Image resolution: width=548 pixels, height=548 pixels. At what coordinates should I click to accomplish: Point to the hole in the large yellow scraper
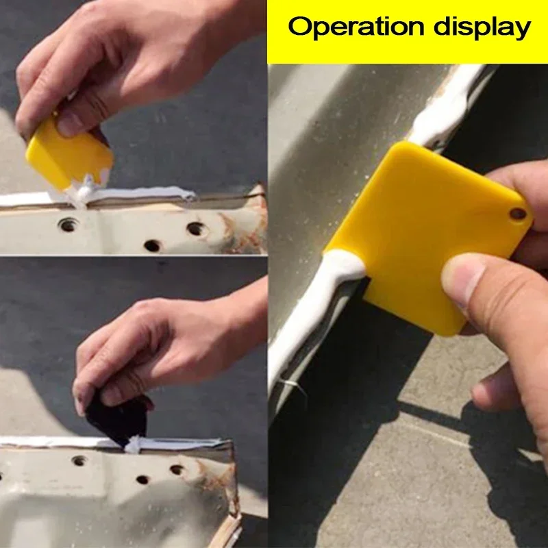[x=518, y=214]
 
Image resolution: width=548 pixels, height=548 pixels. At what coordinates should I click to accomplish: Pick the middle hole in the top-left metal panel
[x=152, y=245]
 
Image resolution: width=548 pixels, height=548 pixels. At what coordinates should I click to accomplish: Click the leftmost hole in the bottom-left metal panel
[x=79, y=460]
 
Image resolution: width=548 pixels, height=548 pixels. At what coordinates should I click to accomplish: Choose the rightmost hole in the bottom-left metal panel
[x=177, y=470]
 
